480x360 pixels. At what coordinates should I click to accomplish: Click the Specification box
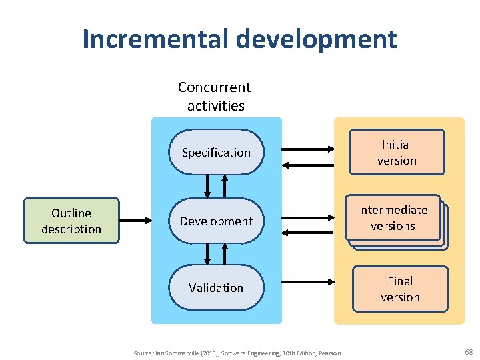coord(216,153)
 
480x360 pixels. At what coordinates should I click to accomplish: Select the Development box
coord(216,221)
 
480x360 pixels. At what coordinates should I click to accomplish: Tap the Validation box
coord(216,288)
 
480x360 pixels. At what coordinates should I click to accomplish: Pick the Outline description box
coord(71,221)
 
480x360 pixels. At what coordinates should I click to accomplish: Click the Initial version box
coord(397,153)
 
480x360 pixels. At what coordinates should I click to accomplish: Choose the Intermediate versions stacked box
coord(393,218)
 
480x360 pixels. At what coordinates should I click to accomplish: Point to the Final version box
coord(400,289)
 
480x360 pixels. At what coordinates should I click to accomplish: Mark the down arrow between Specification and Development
coord(207,186)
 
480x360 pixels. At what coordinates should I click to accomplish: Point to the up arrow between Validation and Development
coord(225,254)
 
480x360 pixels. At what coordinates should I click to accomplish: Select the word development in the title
coord(315,39)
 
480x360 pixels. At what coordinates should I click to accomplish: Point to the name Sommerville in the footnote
coord(178,352)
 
